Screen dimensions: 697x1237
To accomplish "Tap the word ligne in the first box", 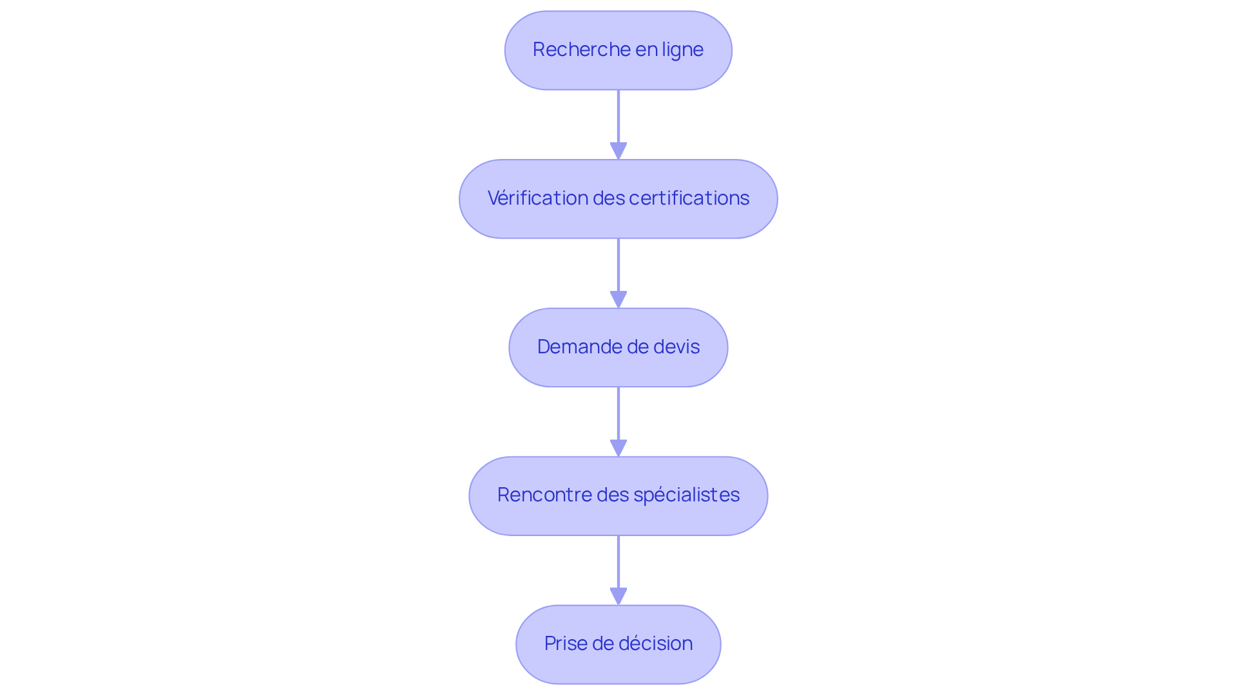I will [683, 50].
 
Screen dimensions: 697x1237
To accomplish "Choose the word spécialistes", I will [686, 495].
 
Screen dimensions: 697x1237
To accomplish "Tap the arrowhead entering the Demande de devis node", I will [618, 299].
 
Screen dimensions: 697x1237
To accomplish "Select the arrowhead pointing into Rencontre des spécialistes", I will [618, 448].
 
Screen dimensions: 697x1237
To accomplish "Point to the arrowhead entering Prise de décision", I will [618, 596].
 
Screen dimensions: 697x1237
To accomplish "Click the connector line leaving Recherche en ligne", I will [618, 116].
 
